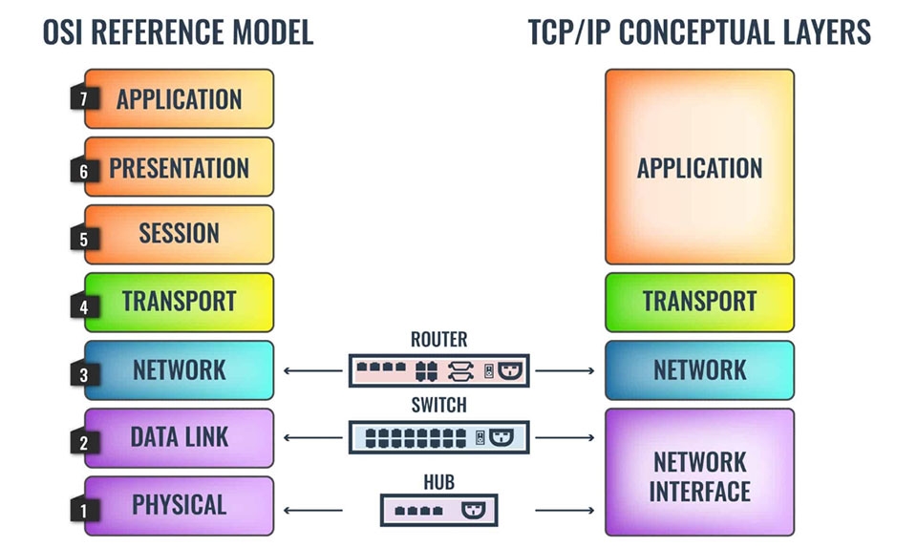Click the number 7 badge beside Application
[x=83, y=98]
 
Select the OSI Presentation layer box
[x=179, y=168]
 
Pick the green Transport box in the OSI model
[x=179, y=302]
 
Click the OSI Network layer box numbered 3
[x=179, y=369]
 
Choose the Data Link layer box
[x=179, y=437]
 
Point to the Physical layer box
[x=179, y=505]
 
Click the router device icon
[x=438, y=369]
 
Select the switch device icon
[x=438, y=437]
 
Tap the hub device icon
[x=438, y=510]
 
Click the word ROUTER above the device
[x=438, y=339]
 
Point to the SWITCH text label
[x=438, y=405]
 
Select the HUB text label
[x=438, y=482]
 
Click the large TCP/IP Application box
[x=699, y=167]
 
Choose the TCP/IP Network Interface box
[x=699, y=473]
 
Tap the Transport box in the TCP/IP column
[x=699, y=302]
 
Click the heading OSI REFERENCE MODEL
[x=179, y=32]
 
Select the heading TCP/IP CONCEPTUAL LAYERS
[x=699, y=32]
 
